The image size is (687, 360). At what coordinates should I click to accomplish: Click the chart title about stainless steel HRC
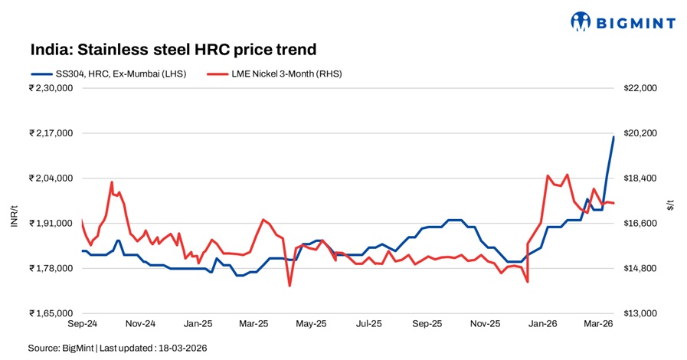coord(173,50)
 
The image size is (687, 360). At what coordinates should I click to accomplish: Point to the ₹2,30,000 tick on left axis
coord(51,88)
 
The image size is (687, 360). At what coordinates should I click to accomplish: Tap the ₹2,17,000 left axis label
coord(51,133)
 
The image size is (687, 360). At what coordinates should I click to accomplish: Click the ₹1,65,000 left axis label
coord(51,313)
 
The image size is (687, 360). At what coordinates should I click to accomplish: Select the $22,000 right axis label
coord(640,88)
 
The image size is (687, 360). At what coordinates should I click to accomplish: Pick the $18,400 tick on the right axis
coord(640,178)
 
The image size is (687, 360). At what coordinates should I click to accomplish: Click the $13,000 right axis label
coord(640,313)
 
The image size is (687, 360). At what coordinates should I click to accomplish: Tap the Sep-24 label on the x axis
coord(82,324)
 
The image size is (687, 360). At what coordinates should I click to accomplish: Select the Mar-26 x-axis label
coord(599,324)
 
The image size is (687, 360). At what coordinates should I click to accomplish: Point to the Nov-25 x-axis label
coord(484,324)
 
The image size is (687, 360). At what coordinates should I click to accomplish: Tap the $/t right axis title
coord(670,204)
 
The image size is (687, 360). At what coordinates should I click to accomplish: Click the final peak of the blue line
coord(613,136)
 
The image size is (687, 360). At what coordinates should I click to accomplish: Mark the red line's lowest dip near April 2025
coord(290,286)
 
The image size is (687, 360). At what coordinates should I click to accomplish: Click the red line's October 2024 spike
coord(112,182)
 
